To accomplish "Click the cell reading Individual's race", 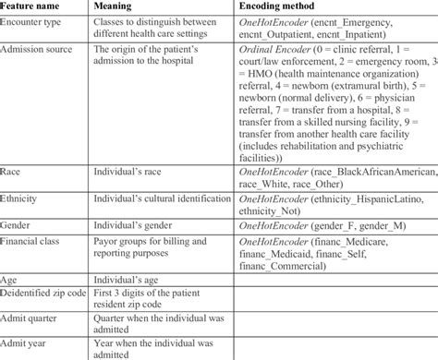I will (x=140, y=172).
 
